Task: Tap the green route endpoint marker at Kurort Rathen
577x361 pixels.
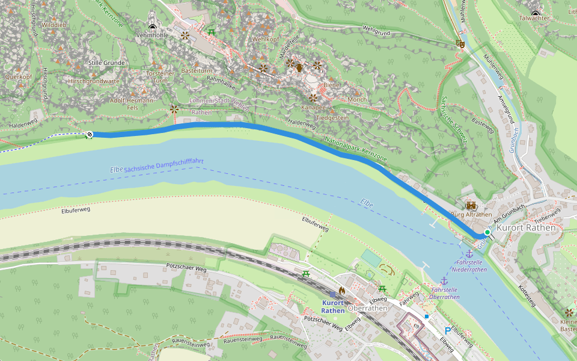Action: (487, 232)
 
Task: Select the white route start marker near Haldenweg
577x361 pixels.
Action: (90, 135)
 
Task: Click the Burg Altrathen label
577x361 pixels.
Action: (471, 214)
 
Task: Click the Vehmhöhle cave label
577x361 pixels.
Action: (153, 35)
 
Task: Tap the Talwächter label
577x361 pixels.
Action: (534, 19)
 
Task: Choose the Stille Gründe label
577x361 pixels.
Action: (106, 63)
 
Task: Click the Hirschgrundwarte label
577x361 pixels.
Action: (94, 81)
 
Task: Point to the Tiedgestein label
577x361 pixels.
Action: (332, 118)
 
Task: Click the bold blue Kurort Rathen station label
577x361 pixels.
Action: (333, 307)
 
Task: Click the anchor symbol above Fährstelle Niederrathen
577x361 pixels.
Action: (469, 253)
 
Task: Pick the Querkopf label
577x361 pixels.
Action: (18, 77)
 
